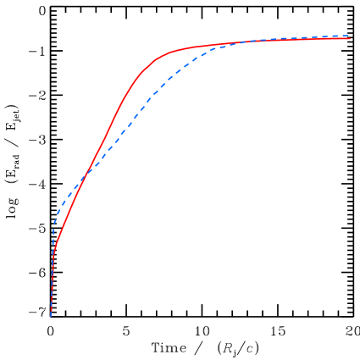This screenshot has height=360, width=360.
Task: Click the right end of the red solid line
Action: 350,39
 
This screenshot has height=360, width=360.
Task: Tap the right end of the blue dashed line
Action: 350,36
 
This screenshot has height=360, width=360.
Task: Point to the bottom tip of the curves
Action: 52,315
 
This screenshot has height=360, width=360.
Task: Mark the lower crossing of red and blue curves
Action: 86,179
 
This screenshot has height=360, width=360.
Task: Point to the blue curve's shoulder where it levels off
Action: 212,49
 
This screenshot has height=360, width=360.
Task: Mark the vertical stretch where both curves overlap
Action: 53,288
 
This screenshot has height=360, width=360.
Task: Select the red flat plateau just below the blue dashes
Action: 322,39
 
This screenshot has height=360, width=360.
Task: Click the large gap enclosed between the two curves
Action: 144,85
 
